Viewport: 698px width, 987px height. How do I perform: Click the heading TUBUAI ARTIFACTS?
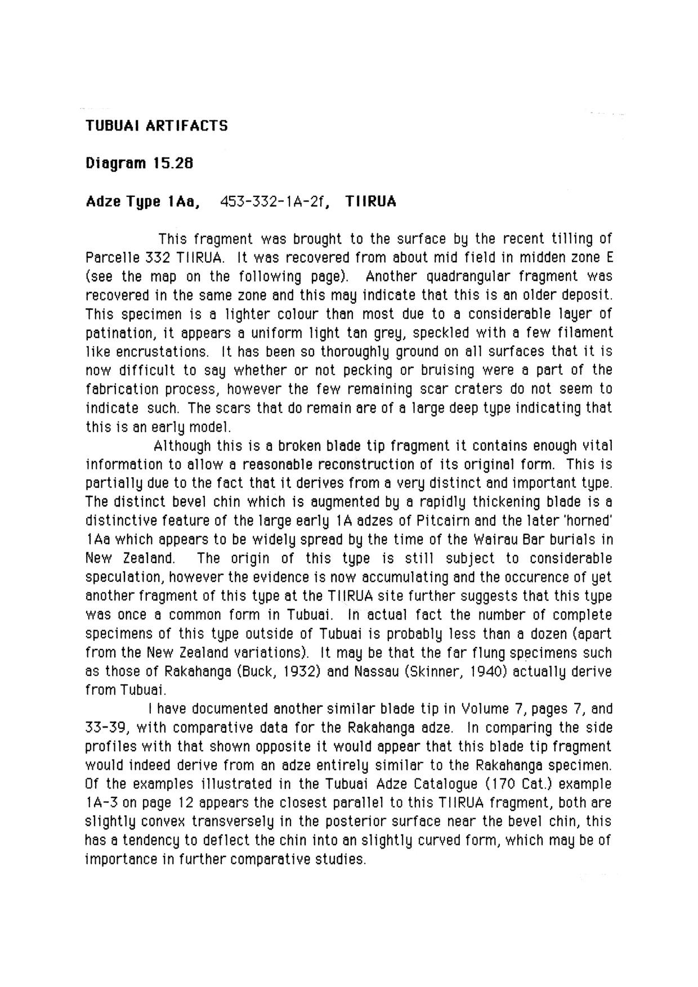tap(156, 125)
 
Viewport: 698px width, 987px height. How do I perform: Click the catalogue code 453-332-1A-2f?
tap(274, 201)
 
